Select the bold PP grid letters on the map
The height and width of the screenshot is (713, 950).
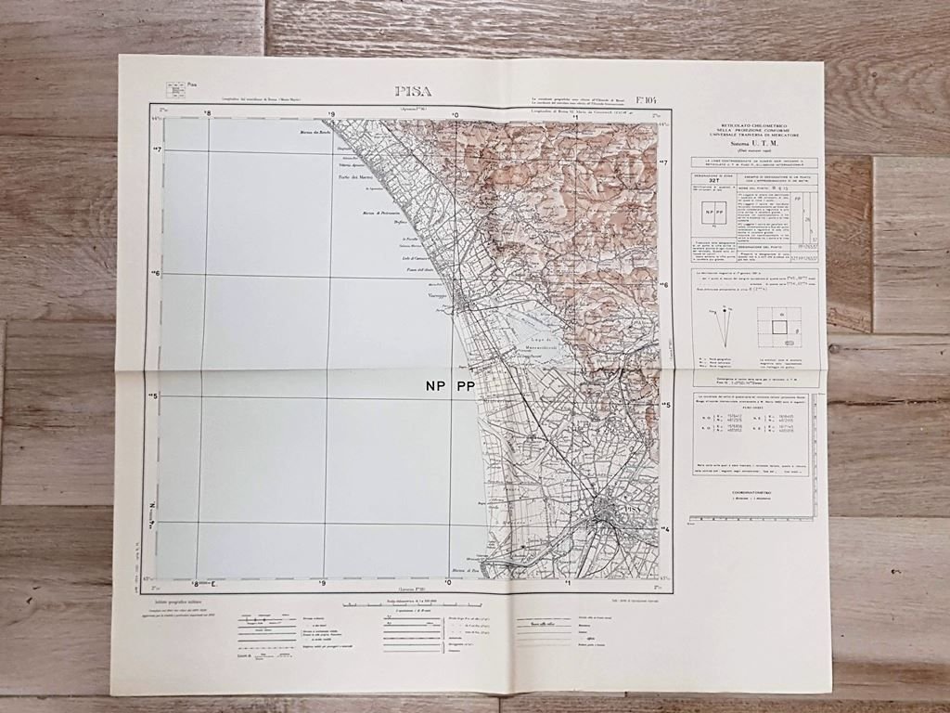pyautogui.click(x=465, y=387)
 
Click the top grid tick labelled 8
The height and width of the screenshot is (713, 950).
pyautogui.click(x=208, y=115)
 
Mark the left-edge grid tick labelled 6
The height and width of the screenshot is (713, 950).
pyautogui.click(x=155, y=274)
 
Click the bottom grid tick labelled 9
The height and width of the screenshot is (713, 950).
pyautogui.click(x=322, y=584)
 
